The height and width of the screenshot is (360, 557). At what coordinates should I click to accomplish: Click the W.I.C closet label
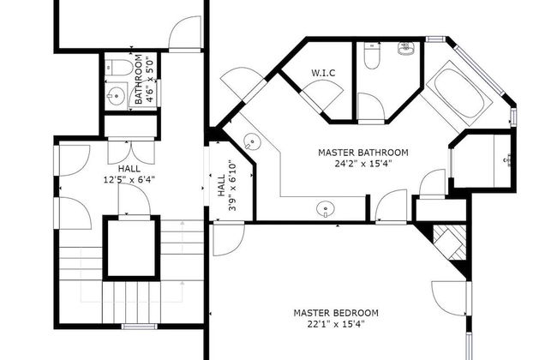(323, 73)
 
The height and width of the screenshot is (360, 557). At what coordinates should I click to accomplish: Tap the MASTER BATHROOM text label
(363, 153)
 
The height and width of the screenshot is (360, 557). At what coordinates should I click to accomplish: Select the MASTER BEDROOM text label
(336, 313)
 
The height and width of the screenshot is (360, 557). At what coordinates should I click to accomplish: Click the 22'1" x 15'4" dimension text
(336, 324)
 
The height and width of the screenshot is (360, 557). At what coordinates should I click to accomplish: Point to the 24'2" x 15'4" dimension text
(363, 164)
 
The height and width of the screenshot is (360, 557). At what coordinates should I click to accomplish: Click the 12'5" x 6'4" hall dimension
(129, 179)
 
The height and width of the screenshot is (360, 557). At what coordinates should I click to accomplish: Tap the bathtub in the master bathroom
(459, 93)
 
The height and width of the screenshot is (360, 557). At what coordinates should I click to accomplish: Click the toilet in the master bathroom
(372, 56)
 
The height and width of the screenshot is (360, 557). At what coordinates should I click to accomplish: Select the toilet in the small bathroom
(119, 68)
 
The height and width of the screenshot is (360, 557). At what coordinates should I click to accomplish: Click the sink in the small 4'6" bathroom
(117, 95)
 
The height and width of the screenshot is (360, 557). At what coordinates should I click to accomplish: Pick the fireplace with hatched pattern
(449, 242)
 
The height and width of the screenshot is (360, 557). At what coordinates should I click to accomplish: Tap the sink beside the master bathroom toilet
(405, 49)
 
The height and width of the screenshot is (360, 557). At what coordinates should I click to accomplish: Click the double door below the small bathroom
(131, 153)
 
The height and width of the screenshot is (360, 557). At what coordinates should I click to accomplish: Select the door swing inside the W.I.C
(322, 93)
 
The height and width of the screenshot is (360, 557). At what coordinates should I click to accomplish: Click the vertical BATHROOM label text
(139, 79)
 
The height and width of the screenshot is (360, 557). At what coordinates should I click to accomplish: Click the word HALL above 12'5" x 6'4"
(129, 169)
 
